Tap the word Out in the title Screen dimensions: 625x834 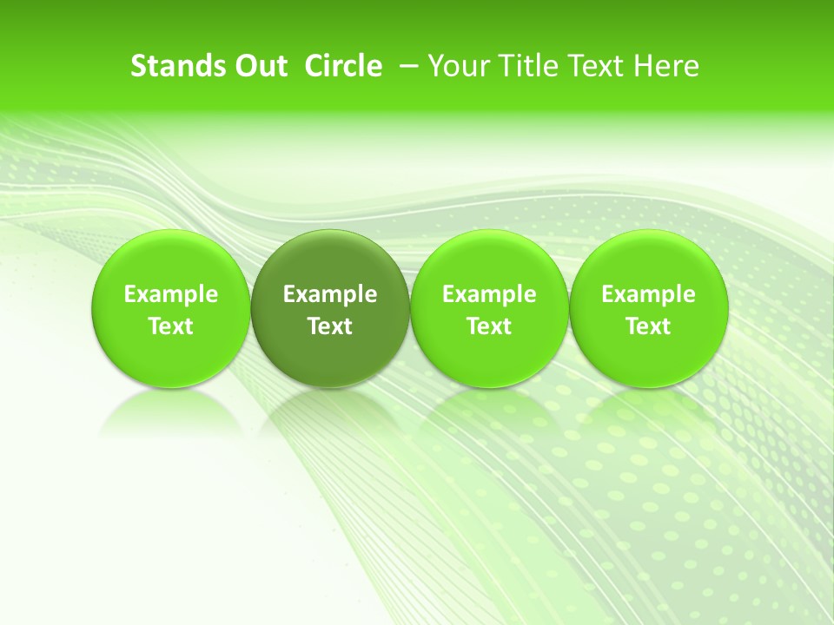click(260, 66)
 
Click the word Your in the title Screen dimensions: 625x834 click(458, 66)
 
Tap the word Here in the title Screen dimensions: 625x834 click(664, 66)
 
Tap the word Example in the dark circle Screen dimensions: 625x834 click(330, 294)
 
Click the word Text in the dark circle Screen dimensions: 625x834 click(330, 326)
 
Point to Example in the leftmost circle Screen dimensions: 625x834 click(171, 294)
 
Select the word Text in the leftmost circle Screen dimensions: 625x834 click(171, 326)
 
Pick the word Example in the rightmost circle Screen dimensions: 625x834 click(649, 294)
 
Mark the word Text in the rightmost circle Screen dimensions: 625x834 click(649, 326)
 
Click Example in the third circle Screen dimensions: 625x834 click(489, 294)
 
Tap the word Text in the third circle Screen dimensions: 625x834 click(489, 326)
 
